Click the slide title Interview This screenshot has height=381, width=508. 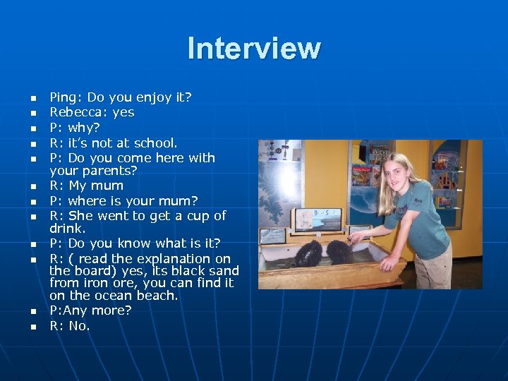254,48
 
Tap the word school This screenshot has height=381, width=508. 155,143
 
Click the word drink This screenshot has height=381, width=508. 66,229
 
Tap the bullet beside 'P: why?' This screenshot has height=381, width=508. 32,128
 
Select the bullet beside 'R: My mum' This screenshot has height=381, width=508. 32,187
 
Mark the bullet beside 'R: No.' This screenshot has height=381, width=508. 32,327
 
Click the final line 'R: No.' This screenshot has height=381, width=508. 70,326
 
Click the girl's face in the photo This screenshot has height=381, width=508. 406,170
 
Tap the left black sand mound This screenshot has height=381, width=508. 309,253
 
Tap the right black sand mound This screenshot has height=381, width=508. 341,251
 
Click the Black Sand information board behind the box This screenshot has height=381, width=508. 317,219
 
